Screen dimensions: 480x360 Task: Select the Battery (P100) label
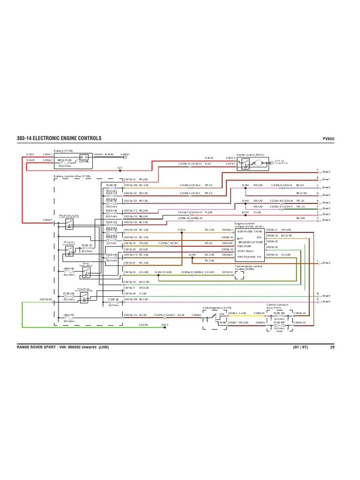coord(63,151)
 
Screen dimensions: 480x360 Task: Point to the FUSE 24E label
coord(69,294)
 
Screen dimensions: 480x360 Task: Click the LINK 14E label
coord(69,270)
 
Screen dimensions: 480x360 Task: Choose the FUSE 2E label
coord(113,299)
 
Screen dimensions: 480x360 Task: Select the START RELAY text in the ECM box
coord(247,251)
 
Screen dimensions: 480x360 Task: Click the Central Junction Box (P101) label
coord(278,306)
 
